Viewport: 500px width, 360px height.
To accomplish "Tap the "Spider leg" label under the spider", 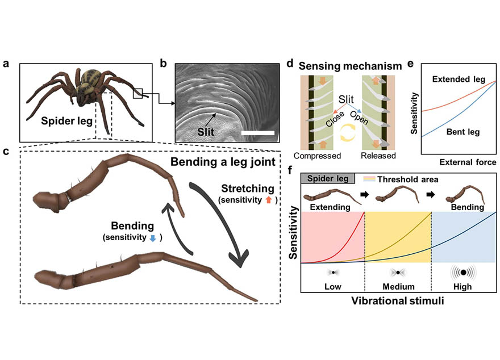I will click(53, 122).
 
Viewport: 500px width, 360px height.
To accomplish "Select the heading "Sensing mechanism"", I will click(345, 66).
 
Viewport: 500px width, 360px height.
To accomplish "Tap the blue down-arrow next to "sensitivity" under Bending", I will click(152, 239).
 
